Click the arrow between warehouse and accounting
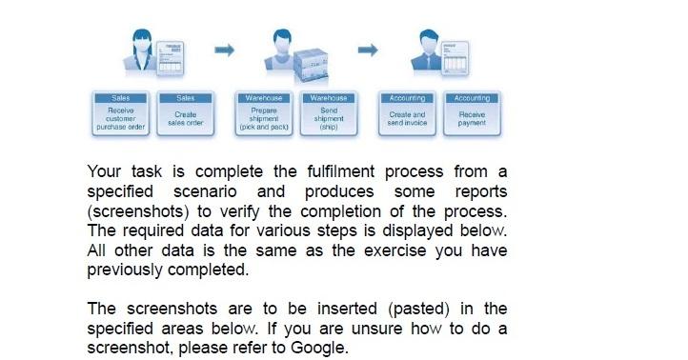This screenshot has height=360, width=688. (x=368, y=49)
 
